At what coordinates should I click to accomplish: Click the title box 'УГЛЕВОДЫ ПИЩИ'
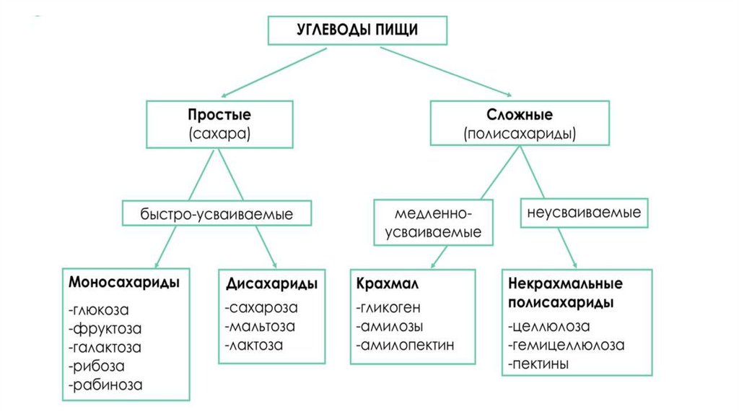coord(357,30)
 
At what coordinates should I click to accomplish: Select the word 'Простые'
coord(219,115)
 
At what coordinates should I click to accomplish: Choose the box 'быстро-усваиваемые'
coord(217,214)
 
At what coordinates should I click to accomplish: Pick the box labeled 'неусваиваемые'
coord(585,214)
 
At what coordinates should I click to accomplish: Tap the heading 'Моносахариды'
coord(123,281)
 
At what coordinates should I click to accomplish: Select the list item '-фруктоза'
coord(105,329)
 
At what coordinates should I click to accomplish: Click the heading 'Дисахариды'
coord(271,281)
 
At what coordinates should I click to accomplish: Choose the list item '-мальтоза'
coord(261,326)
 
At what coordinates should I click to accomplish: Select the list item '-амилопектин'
coord(404,345)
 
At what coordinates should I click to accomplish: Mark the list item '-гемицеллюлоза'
coord(566,345)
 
